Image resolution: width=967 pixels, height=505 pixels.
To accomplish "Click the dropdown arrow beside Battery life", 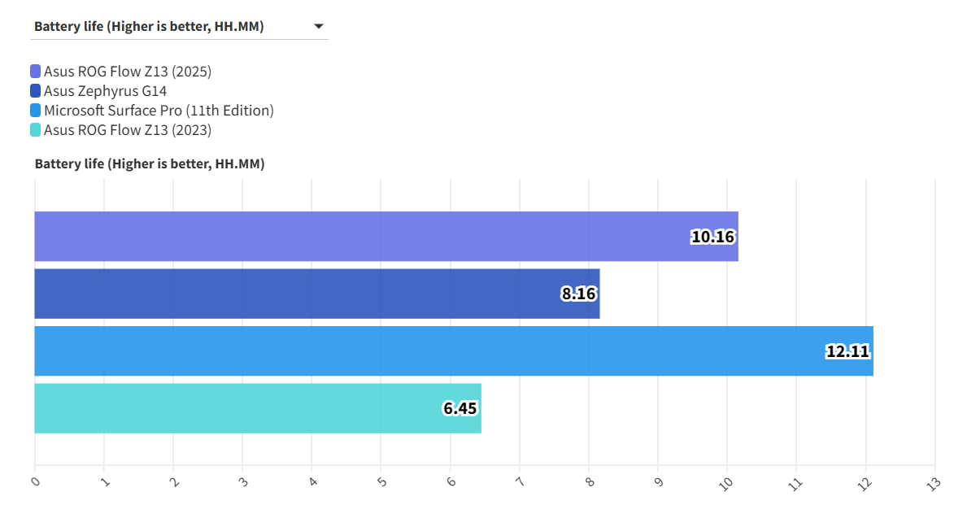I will pos(319,27).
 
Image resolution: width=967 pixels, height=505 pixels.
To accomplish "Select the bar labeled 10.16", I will pos(385,237).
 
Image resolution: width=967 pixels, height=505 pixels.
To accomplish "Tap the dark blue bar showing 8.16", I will pos(316,294).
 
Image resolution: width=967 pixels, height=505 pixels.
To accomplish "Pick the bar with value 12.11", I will pos(453,351).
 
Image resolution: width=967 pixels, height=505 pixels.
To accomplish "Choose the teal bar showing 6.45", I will pos(257,408).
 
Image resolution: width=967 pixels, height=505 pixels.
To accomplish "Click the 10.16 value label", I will pos(712,237).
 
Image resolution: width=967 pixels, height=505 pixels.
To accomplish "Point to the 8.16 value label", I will pos(578,294).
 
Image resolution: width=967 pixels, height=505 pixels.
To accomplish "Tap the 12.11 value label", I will pos(848,352).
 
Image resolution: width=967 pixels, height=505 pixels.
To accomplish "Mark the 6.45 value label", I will pos(460,409).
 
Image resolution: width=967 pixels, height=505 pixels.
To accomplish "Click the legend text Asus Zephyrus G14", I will pos(105,91).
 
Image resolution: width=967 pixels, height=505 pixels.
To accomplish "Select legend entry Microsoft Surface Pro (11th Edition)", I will pos(159,111).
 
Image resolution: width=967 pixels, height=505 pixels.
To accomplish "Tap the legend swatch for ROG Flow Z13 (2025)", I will pos(35,72).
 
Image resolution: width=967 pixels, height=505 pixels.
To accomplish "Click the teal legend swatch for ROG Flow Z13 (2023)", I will pos(35,130).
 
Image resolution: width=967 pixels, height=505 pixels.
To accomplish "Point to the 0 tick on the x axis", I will pos(35,482).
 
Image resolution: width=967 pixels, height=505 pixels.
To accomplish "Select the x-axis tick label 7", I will pos(520,482).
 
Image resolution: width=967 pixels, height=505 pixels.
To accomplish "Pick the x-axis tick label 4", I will pos(312,482).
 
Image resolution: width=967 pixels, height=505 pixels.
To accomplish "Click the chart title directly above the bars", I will pos(150,164).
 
